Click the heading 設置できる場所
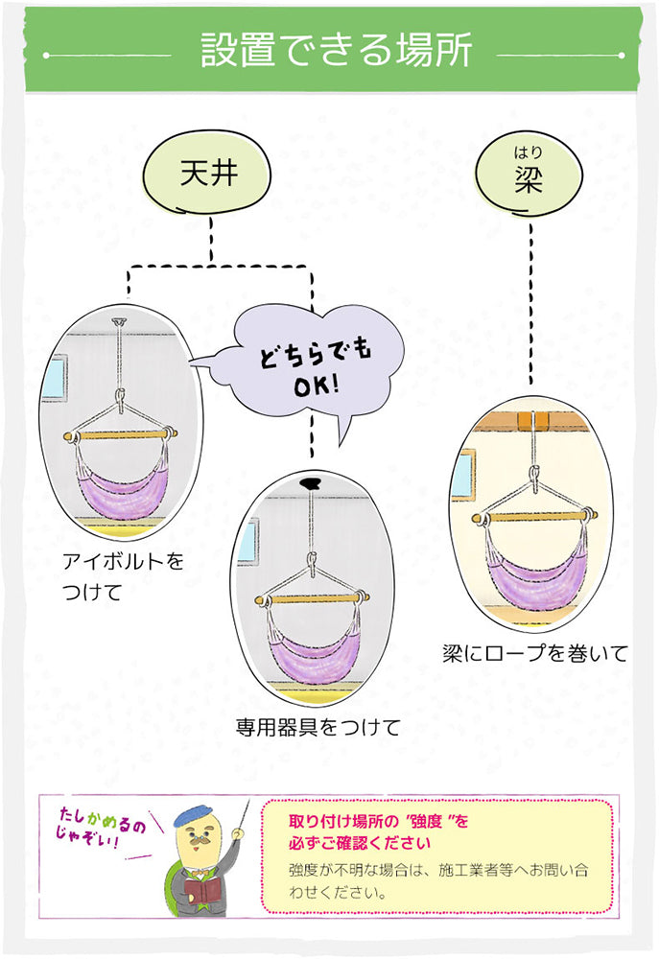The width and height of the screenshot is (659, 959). pyautogui.click(x=336, y=51)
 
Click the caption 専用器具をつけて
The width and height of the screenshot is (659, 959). pyautogui.click(x=318, y=727)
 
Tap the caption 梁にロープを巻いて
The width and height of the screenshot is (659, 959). pyautogui.click(x=535, y=654)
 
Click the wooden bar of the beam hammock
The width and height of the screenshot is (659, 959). pyautogui.click(x=531, y=519)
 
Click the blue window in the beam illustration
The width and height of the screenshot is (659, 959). pyautogui.click(x=462, y=475)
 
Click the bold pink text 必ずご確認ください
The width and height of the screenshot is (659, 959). pyautogui.click(x=359, y=843)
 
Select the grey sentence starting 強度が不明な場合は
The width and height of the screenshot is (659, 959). pyautogui.click(x=436, y=881)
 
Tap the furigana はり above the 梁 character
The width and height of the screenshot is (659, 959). pyautogui.click(x=528, y=151)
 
